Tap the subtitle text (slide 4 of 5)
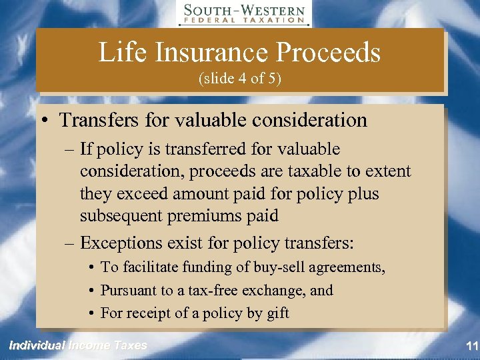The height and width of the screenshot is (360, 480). (240, 79)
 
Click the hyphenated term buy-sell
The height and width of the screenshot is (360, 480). (270, 268)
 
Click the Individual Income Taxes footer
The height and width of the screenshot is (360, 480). (77, 345)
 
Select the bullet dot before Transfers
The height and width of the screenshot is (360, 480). (43, 121)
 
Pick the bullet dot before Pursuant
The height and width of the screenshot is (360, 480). (90, 291)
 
